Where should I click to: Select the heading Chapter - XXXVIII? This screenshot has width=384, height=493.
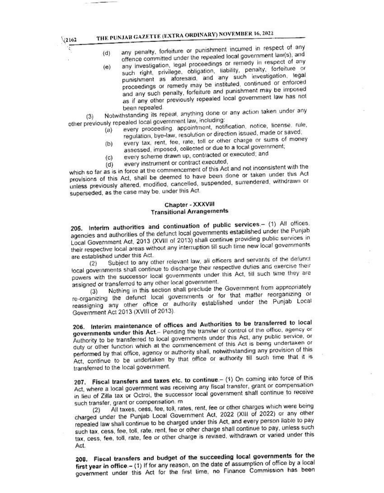[x=189, y=205]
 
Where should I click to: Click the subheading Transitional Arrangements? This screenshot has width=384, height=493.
[x=189, y=211]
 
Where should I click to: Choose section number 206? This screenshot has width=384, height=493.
[x=78, y=327]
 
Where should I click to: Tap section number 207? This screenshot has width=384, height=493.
[x=79, y=382]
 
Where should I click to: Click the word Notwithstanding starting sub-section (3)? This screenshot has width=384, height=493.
[x=123, y=116]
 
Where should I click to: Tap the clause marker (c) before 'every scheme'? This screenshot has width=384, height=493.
[x=109, y=157]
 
